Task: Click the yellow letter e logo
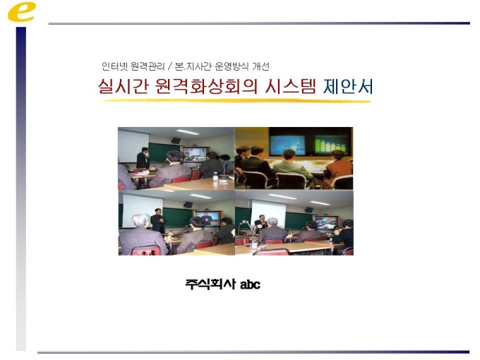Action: point(21,11)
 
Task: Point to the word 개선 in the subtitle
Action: point(260,66)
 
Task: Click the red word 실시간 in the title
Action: point(123,86)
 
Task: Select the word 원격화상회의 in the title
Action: point(206,86)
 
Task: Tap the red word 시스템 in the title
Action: point(290,86)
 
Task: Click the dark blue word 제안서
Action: point(348,86)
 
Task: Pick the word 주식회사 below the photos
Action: point(210,284)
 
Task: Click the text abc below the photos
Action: point(250,284)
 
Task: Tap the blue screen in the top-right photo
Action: point(287,145)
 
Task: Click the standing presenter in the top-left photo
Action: point(143,158)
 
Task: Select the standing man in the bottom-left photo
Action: point(158,220)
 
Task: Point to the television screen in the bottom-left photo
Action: point(208,218)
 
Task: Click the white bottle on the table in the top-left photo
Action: point(215,176)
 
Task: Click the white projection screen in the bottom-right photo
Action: point(268,214)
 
